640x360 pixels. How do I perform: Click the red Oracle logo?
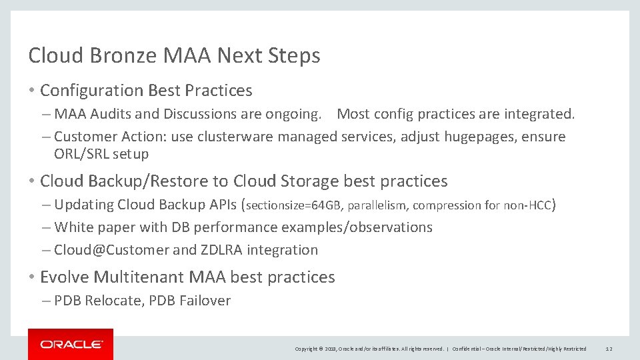tap(71, 344)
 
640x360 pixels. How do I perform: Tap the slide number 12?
tap(608, 349)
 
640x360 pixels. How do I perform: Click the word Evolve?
tap(65, 277)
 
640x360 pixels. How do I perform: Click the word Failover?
tap(204, 301)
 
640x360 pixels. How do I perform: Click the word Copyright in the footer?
tap(306, 349)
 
